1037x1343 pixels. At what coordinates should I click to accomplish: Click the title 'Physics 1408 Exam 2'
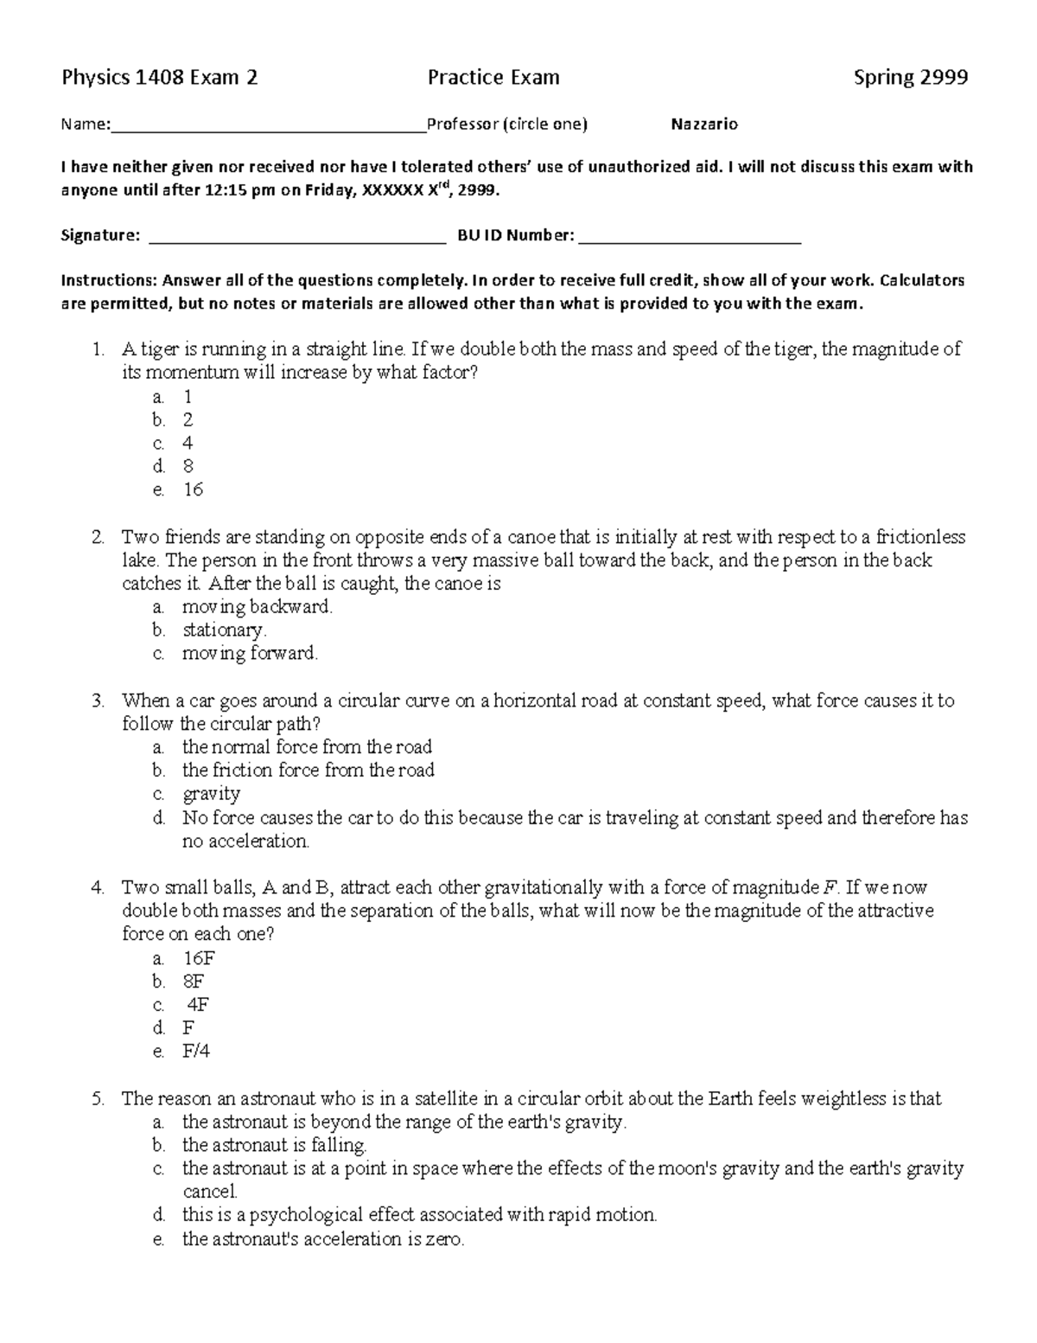click(x=159, y=78)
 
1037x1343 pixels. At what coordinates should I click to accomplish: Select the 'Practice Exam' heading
click(x=493, y=78)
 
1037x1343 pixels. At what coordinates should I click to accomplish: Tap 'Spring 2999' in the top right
click(x=910, y=78)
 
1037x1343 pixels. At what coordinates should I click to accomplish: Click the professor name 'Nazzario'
click(x=704, y=125)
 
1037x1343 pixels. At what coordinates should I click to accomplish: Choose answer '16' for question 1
click(x=193, y=489)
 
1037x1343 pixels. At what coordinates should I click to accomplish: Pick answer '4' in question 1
click(x=188, y=443)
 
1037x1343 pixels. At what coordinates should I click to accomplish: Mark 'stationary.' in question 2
click(x=224, y=630)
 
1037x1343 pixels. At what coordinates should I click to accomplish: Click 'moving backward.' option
click(x=257, y=606)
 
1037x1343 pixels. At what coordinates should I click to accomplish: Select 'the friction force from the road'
click(x=308, y=770)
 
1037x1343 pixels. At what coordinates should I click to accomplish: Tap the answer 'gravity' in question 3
click(x=211, y=793)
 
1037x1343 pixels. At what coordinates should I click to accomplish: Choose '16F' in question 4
click(x=198, y=957)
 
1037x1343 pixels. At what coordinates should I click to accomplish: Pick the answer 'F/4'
click(x=196, y=1051)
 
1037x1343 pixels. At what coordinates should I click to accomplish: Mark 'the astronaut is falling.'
click(x=274, y=1145)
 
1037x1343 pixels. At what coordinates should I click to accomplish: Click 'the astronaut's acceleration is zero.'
click(x=323, y=1238)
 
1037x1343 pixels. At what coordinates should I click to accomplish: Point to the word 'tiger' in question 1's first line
click(x=156, y=349)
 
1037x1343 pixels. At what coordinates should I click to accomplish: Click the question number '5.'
click(x=98, y=1098)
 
